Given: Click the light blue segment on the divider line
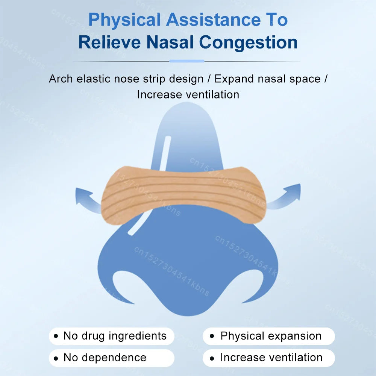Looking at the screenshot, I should [x=187, y=61].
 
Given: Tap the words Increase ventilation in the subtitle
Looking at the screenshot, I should [x=188, y=94].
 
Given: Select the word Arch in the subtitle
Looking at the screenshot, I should [x=61, y=79].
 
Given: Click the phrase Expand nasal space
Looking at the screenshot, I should [x=268, y=79].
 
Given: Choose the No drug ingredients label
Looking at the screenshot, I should [x=112, y=336].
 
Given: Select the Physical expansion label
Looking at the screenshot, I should [x=268, y=336].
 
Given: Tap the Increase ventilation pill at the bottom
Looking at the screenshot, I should [x=268, y=358].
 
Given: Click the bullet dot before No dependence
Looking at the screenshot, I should [x=56, y=358].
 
